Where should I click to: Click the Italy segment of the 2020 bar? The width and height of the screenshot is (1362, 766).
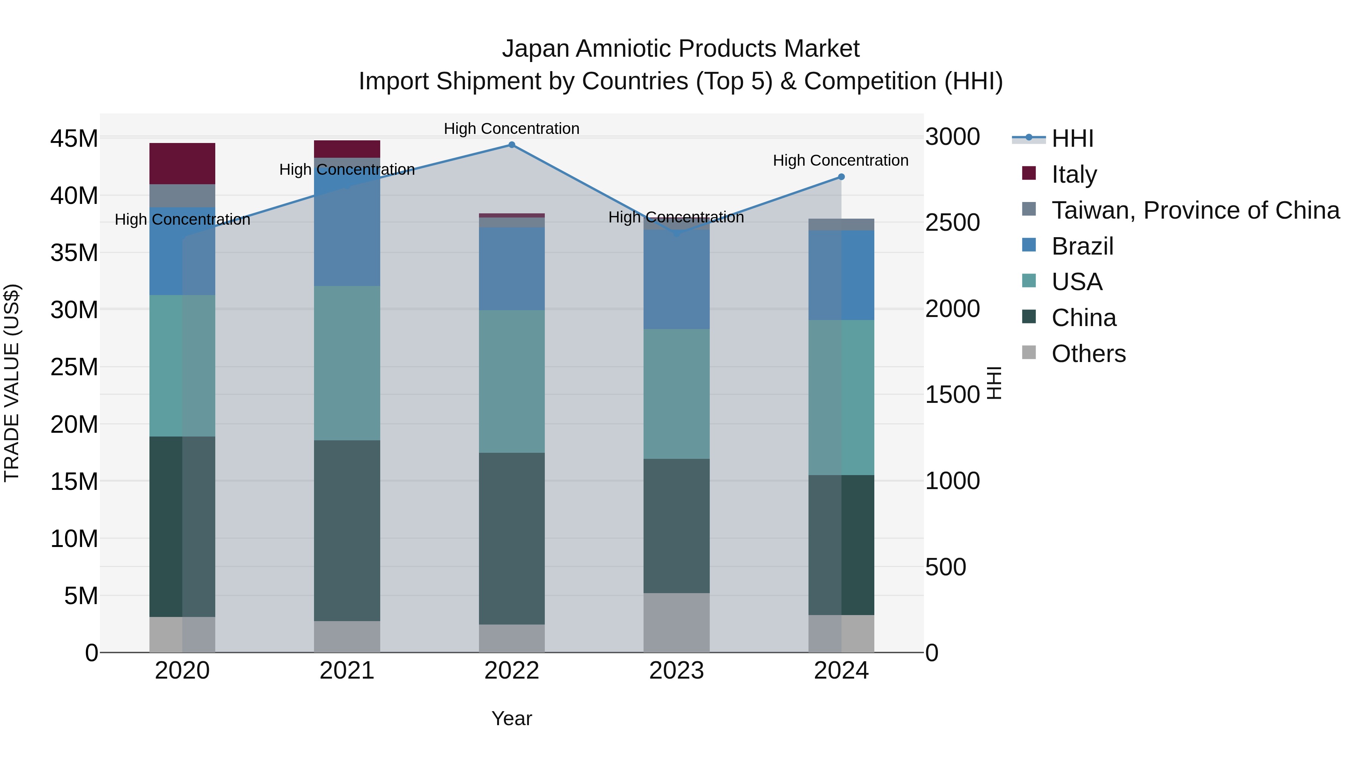pyautogui.click(x=182, y=163)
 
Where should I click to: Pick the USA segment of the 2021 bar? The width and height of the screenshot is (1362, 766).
pyautogui.click(x=347, y=363)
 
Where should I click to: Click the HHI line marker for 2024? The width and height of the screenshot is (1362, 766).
pyautogui.click(x=841, y=177)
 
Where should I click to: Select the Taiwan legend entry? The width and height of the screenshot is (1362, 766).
pyautogui.click(x=1195, y=210)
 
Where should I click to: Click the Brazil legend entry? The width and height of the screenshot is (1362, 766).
pyautogui.click(x=1082, y=246)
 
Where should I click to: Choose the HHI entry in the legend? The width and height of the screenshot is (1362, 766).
pyautogui.click(x=1072, y=138)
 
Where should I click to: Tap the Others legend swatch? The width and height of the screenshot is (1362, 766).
pyautogui.click(x=1029, y=353)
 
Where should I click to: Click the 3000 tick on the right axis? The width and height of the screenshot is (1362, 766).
pyautogui.click(x=952, y=137)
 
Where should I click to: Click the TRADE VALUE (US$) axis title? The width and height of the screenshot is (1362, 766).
pyautogui.click(x=12, y=383)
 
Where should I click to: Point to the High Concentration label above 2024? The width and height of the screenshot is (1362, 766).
pyautogui.click(x=840, y=160)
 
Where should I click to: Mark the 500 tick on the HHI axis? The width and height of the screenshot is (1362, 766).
pyautogui.click(x=946, y=567)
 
